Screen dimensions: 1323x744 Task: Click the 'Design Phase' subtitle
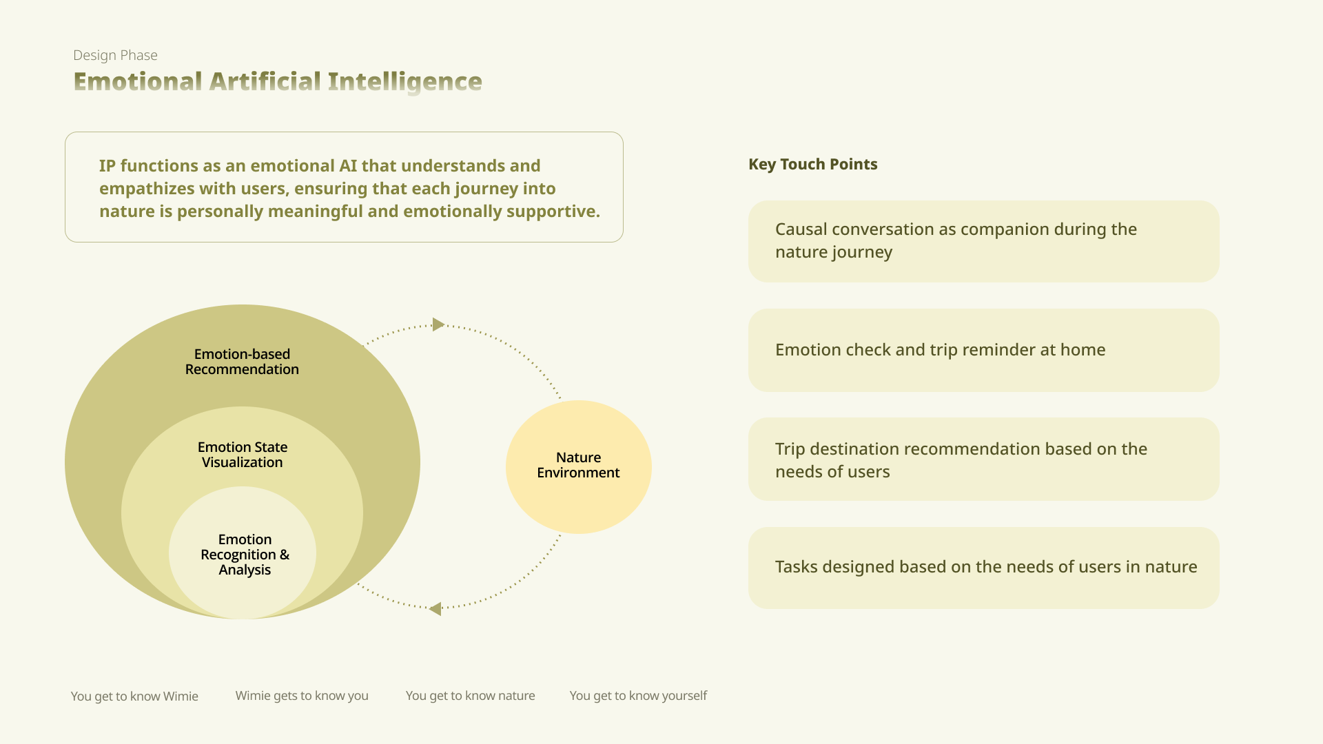[x=115, y=55]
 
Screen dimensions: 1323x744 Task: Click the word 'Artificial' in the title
[x=265, y=81]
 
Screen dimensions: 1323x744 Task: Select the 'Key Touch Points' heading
[x=813, y=164]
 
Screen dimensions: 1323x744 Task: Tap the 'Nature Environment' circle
[x=579, y=466]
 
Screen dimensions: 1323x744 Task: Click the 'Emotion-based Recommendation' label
[x=242, y=362]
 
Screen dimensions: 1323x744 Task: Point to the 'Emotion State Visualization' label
[x=243, y=455]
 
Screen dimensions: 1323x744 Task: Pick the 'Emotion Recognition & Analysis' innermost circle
[x=243, y=552]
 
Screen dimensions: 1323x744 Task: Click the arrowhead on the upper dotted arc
[x=438, y=324]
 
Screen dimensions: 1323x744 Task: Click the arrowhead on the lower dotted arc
[x=435, y=608]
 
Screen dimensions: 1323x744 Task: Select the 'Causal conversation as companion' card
[x=983, y=241]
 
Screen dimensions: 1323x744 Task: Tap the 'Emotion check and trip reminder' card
[x=983, y=350]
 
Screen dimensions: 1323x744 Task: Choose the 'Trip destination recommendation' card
[x=983, y=459]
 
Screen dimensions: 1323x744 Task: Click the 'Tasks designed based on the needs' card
[x=983, y=568]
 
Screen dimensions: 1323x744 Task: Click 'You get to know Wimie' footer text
[x=134, y=696]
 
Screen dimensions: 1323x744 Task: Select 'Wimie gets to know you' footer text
[x=302, y=696]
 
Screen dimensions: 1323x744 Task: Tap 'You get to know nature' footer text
[x=471, y=696]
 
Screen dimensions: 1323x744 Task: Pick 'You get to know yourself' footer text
[x=638, y=696]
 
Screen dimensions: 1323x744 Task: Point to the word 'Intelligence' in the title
[x=405, y=82]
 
